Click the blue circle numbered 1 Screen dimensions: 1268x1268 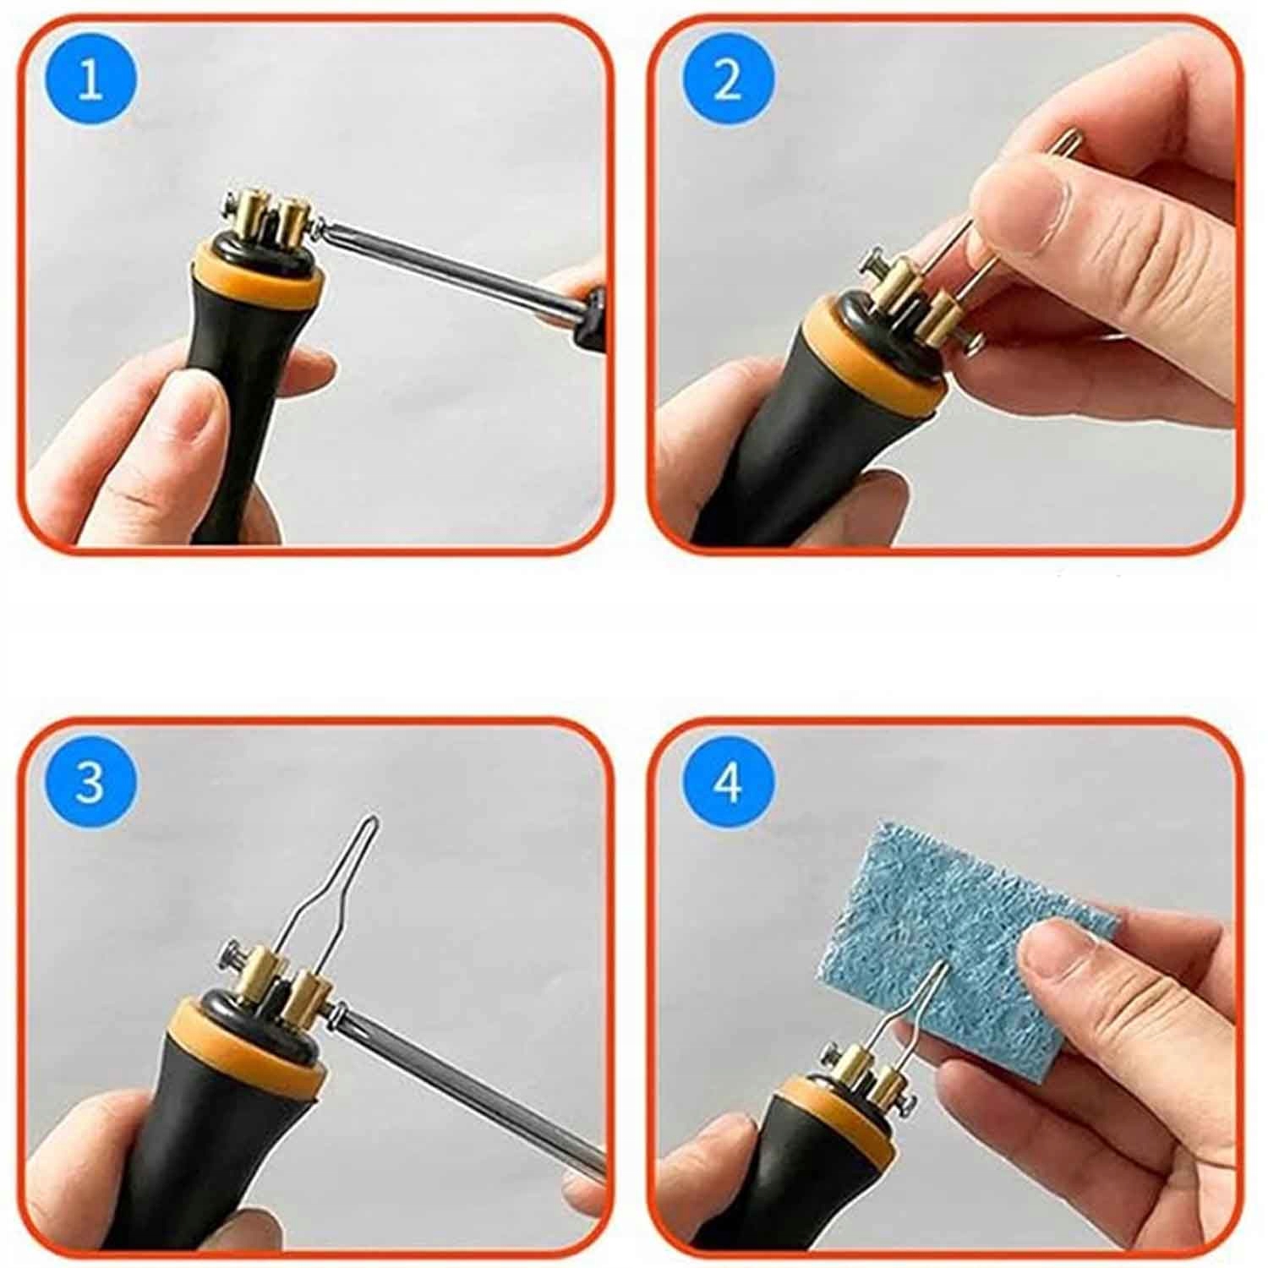pos(90,84)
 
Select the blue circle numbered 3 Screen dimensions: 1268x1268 pos(90,783)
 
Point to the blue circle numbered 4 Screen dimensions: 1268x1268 pos(727,783)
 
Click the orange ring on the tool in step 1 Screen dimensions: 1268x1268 pos(261,275)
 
